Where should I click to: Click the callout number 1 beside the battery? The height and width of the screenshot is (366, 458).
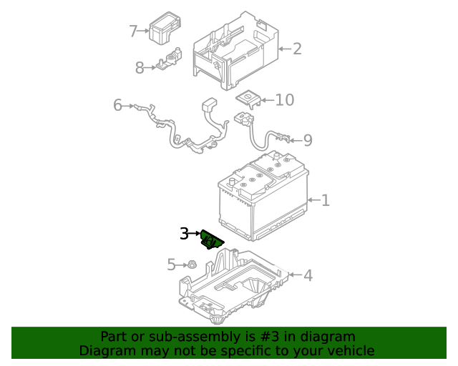coord(325,200)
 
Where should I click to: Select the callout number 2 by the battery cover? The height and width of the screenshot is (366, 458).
coord(296,49)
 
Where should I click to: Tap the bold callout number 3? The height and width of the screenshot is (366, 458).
coord(184,234)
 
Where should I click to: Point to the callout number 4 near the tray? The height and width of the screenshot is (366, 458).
coord(308,275)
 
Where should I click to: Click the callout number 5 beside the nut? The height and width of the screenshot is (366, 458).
coord(171,265)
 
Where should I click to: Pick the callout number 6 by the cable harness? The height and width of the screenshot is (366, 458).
coord(117,106)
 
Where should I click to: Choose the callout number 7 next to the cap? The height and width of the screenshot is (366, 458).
coord(133,31)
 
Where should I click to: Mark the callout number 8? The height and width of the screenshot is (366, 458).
coord(140,68)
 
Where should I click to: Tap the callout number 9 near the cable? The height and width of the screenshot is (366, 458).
coord(308,140)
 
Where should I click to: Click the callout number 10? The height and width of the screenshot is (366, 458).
coord(284,99)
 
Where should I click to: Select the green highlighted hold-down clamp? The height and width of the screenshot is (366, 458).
coord(212,240)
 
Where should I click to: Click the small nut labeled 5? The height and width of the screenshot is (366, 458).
coord(191,265)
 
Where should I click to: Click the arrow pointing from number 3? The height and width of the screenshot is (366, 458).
coord(195,234)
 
